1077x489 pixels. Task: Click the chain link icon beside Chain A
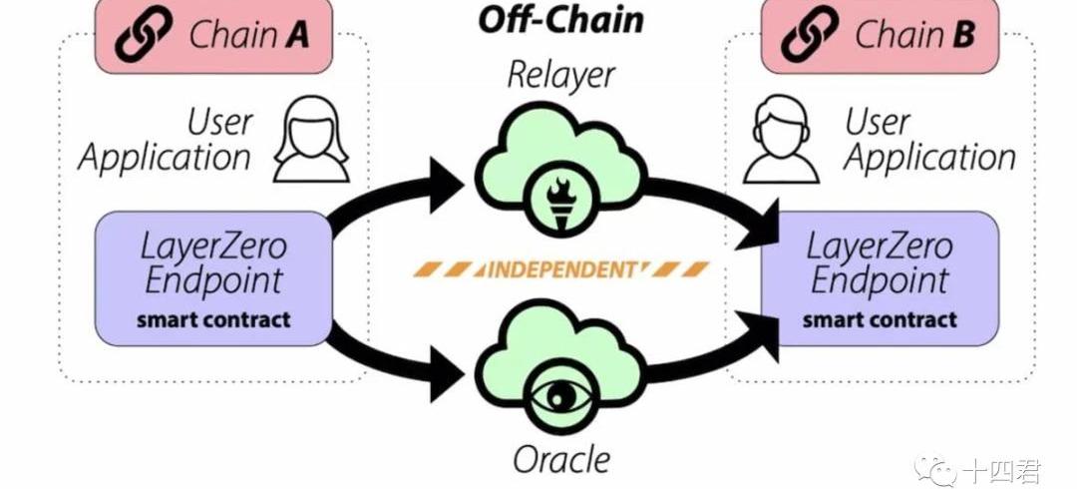pos(146,35)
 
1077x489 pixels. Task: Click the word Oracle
pos(561,460)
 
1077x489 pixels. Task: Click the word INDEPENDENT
pos(560,269)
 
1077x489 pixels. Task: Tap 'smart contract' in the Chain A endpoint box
pos(213,320)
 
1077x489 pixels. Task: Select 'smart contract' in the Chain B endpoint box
pos(880,320)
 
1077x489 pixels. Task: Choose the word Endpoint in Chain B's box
pos(880,280)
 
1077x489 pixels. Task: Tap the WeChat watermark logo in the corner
pos(940,468)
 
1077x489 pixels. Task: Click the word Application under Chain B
pos(929,158)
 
